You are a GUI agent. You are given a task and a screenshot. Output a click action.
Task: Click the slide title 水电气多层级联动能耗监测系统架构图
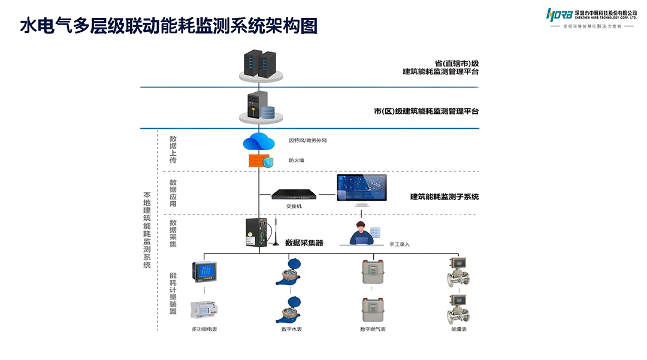coord(168,26)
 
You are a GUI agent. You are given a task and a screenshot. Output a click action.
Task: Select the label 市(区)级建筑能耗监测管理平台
coord(426,111)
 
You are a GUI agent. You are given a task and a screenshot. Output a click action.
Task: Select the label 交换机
coord(294,206)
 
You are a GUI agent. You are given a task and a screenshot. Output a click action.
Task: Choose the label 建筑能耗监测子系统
coord(445,196)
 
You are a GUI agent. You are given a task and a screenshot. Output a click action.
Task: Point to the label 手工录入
coord(400,244)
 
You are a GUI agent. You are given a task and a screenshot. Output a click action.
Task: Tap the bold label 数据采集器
coord(304,243)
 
